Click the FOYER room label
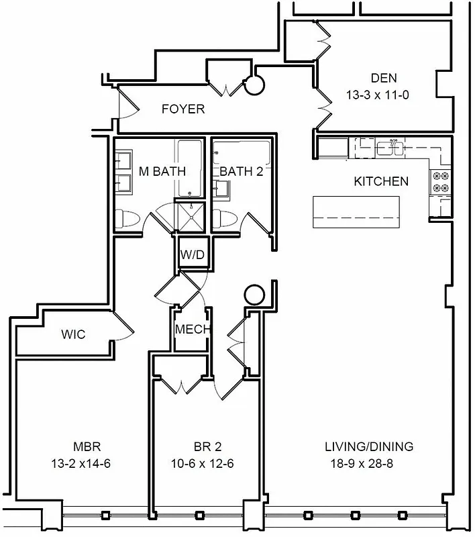(x=183, y=109)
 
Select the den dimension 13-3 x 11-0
(x=378, y=95)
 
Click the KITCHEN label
(x=381, y=181)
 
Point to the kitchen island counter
(x=356, y=213)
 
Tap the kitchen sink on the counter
(x=389, y=146)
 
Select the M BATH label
(x=162, y=171)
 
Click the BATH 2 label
(x=241, y=171)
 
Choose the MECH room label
(x=192, y=330)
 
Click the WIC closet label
(x=73, y=334)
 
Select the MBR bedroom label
(x=87, y=446)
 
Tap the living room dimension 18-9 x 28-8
(x=369, y=463)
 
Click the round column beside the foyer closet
(x=254, y=85)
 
